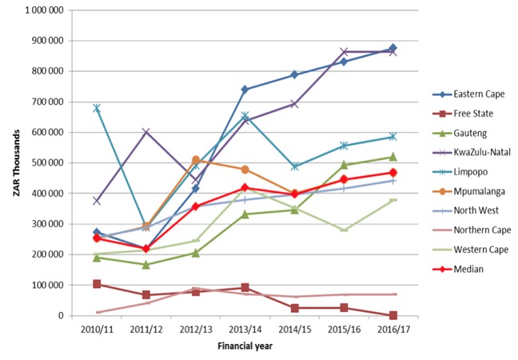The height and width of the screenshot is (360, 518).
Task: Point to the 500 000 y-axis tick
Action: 46,162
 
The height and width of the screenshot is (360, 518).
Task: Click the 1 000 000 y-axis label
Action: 43,10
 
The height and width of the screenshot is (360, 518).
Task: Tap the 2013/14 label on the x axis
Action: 245,328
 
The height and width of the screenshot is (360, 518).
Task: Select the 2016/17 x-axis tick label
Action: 393,328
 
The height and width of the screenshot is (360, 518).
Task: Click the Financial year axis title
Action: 245,346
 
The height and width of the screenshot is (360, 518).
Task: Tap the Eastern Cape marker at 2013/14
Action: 245,90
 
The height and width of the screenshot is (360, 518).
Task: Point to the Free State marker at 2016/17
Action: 393,315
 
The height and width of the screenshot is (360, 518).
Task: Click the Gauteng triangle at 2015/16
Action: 345,165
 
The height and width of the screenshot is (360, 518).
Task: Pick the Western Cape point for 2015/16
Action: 345,230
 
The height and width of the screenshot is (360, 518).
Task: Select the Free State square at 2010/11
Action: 97,284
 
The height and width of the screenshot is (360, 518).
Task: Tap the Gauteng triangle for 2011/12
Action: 146,264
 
